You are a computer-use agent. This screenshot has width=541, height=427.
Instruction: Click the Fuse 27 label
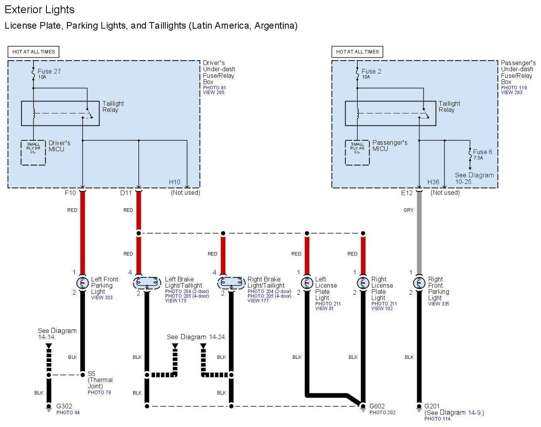click(49, 71)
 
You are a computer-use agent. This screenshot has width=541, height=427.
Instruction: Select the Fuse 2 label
click(371, 71)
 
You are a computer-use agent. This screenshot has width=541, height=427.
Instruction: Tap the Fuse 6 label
click(482, 152)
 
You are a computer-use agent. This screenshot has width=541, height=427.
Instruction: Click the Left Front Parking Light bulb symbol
click(82, 283)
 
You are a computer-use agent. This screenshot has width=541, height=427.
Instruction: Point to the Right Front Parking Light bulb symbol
click(419, 283)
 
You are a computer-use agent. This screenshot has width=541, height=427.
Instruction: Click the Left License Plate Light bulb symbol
click(307, 283)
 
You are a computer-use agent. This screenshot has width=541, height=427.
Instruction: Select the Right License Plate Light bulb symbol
click(363, 283)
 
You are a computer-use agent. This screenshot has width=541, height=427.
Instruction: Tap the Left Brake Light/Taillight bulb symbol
click(147, 283)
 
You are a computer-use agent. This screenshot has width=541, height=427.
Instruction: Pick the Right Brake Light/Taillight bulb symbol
click(231, 283)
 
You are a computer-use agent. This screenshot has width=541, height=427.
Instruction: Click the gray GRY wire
click(419, 232)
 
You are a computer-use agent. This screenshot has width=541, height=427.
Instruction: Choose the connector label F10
click(70, 193)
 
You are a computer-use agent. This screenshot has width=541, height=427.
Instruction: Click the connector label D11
click(126, 193)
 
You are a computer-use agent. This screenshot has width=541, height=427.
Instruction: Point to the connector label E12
click(407, 193)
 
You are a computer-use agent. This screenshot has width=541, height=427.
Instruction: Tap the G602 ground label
click(377, 406)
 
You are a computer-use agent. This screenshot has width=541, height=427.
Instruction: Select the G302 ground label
click(64, 406)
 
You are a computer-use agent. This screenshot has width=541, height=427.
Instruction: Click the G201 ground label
click(432, 406)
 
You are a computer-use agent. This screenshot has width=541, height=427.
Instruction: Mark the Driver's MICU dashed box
click(33, 153)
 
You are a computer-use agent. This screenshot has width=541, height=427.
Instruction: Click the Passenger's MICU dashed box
click(357, 153)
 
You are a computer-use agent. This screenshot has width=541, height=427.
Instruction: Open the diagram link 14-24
click(217, 337)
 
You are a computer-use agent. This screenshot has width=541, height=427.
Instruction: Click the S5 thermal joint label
click(91, 374)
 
